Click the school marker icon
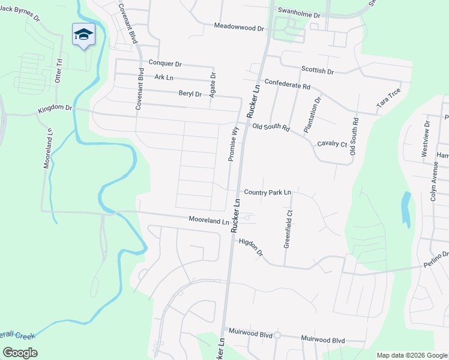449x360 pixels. (x=83, y=35)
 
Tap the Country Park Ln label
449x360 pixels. (x=267, y=192)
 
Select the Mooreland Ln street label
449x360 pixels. (x=209, y=220)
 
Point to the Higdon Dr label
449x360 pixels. (x=252, y=247)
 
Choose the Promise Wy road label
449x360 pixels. (x=233, y=143)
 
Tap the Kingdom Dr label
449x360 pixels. (x=55, y=109)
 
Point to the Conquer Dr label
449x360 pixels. (x=164, y=63)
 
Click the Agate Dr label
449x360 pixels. (x=212, y=84)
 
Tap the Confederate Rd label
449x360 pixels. (x=287, y=85)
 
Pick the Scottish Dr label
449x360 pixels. (x=318, y=71)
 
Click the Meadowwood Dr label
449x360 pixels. (x=239, y=28)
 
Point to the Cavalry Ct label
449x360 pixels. (x=332, y=144)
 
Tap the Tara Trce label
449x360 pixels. (x=388, y=98)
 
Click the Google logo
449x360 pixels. (x=20, y=352)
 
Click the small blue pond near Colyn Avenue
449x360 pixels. (x=406, y=209)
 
